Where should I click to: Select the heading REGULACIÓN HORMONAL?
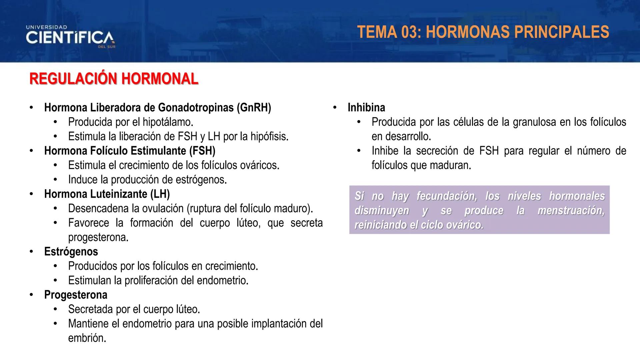[114, 79]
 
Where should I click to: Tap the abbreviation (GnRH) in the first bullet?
[254, 108]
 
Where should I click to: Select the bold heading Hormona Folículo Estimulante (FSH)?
[130, 151]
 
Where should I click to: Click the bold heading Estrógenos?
[71, 252]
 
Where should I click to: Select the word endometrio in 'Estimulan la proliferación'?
[222, 281]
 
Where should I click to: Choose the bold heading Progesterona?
[76, 295]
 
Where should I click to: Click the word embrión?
[87, 338]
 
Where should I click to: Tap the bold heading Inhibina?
[366, 108]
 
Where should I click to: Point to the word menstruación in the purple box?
[571, 211]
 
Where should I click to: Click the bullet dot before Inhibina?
[335, 108]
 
